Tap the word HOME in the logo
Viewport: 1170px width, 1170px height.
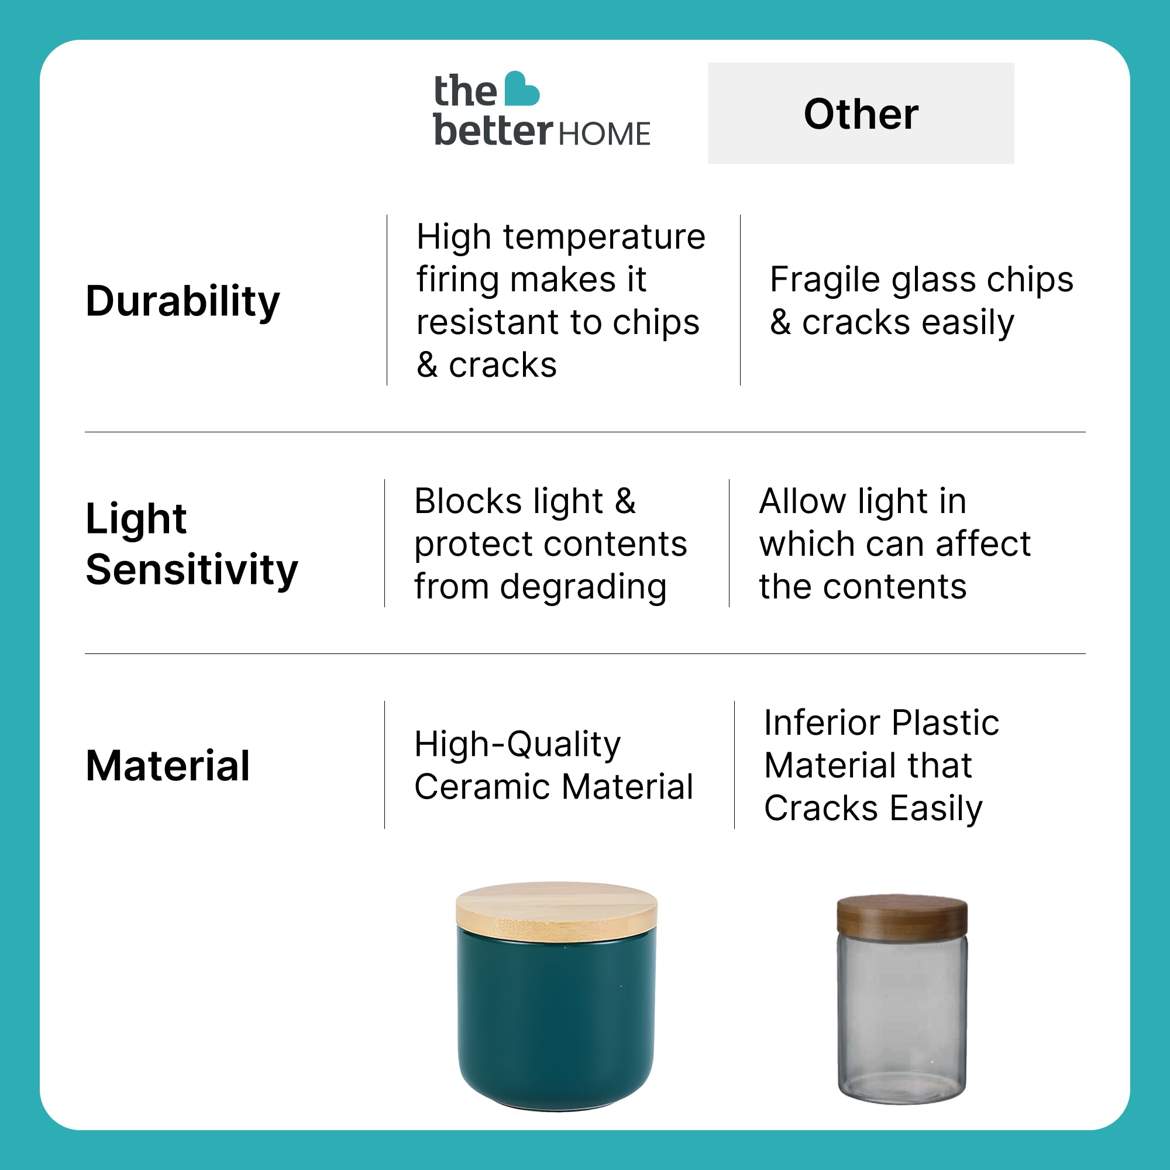(x=604, y=134)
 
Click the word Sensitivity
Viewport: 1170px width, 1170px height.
(x=192, y=570)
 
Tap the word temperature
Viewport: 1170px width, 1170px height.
(x=604, y=237)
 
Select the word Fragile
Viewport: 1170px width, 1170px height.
(x=825, y=280)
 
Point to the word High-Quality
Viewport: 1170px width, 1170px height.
(x=518, y=744)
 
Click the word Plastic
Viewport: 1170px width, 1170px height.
(x=945, y=722)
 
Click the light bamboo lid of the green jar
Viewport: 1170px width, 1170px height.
(x=556, y=912)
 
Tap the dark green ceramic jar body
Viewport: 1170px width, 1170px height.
(x=556, y=1023)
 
